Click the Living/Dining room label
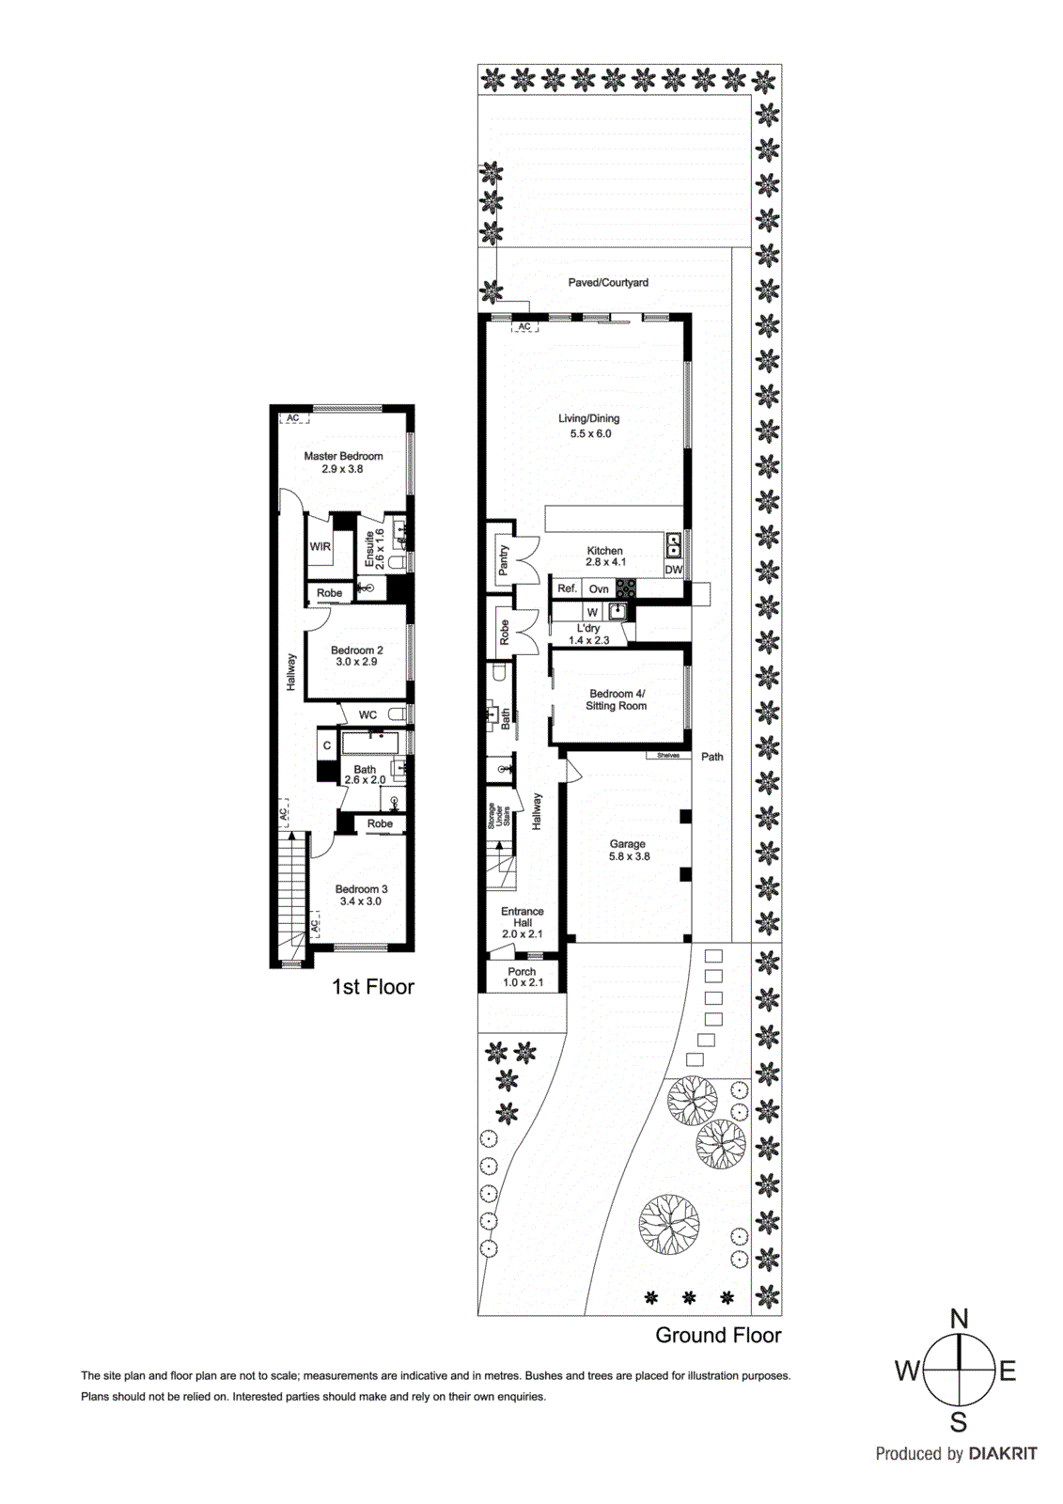tap(589, 419)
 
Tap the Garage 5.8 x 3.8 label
tap(629, 851)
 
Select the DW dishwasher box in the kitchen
tap(674, 570)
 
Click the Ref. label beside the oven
tap(567, 588)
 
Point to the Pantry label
tap(504, 560)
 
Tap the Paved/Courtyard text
tap(608, 282)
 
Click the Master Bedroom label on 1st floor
tap(343, 456)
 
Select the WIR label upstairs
tap(320, 546)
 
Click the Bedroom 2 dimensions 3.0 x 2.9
tap(356, 662)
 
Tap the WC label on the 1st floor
tap(367, 714)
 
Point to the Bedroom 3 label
tap(361, 889)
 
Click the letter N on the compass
tap(959, 1319)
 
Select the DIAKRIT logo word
tap(1003, 1453)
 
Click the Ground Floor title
tap(718, 1335)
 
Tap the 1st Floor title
tap(373, 987)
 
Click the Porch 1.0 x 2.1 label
tap(523, 978)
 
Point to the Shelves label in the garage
tap(668, 756)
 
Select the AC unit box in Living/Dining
tap(524, 326)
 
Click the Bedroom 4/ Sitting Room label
tap(617, 699)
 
